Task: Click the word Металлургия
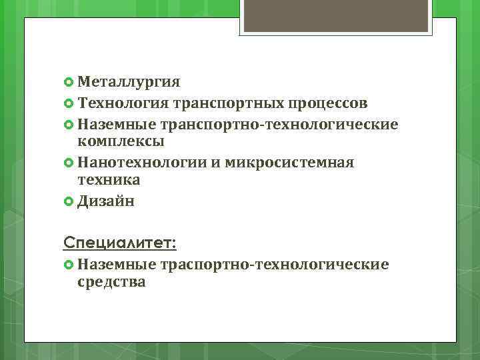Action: coord(129,82)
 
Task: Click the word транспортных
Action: coord(227,103)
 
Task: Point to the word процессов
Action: coord(327,103)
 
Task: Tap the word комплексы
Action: coord(121,141)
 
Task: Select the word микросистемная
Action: coord(290,163)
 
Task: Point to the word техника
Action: coord(109,180)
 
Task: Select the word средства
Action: coord(111,282)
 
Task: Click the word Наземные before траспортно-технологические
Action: coord(117,265)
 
